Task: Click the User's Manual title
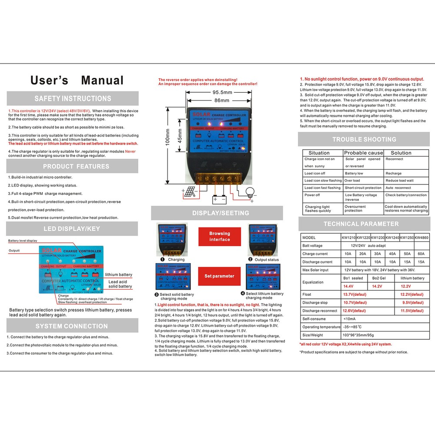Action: (77, 80)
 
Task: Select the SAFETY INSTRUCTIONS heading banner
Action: (73, 99)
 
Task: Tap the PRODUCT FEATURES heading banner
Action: (73, 166)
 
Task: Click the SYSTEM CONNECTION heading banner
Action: (73, 326)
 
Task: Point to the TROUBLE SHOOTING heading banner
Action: (364, 139)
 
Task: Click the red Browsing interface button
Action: (220, 237)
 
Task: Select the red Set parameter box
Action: (220, 276)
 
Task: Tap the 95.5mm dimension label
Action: (222, 92)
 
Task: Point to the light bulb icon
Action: (250, 192)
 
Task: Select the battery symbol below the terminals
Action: (220, 200)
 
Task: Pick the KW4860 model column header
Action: (421, 238)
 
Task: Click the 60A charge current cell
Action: (421, 254)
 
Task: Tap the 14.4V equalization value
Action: (348, 287)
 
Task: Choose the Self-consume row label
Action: (314, 319)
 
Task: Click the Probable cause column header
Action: (363, 153)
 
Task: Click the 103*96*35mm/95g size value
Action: (361, 335)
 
